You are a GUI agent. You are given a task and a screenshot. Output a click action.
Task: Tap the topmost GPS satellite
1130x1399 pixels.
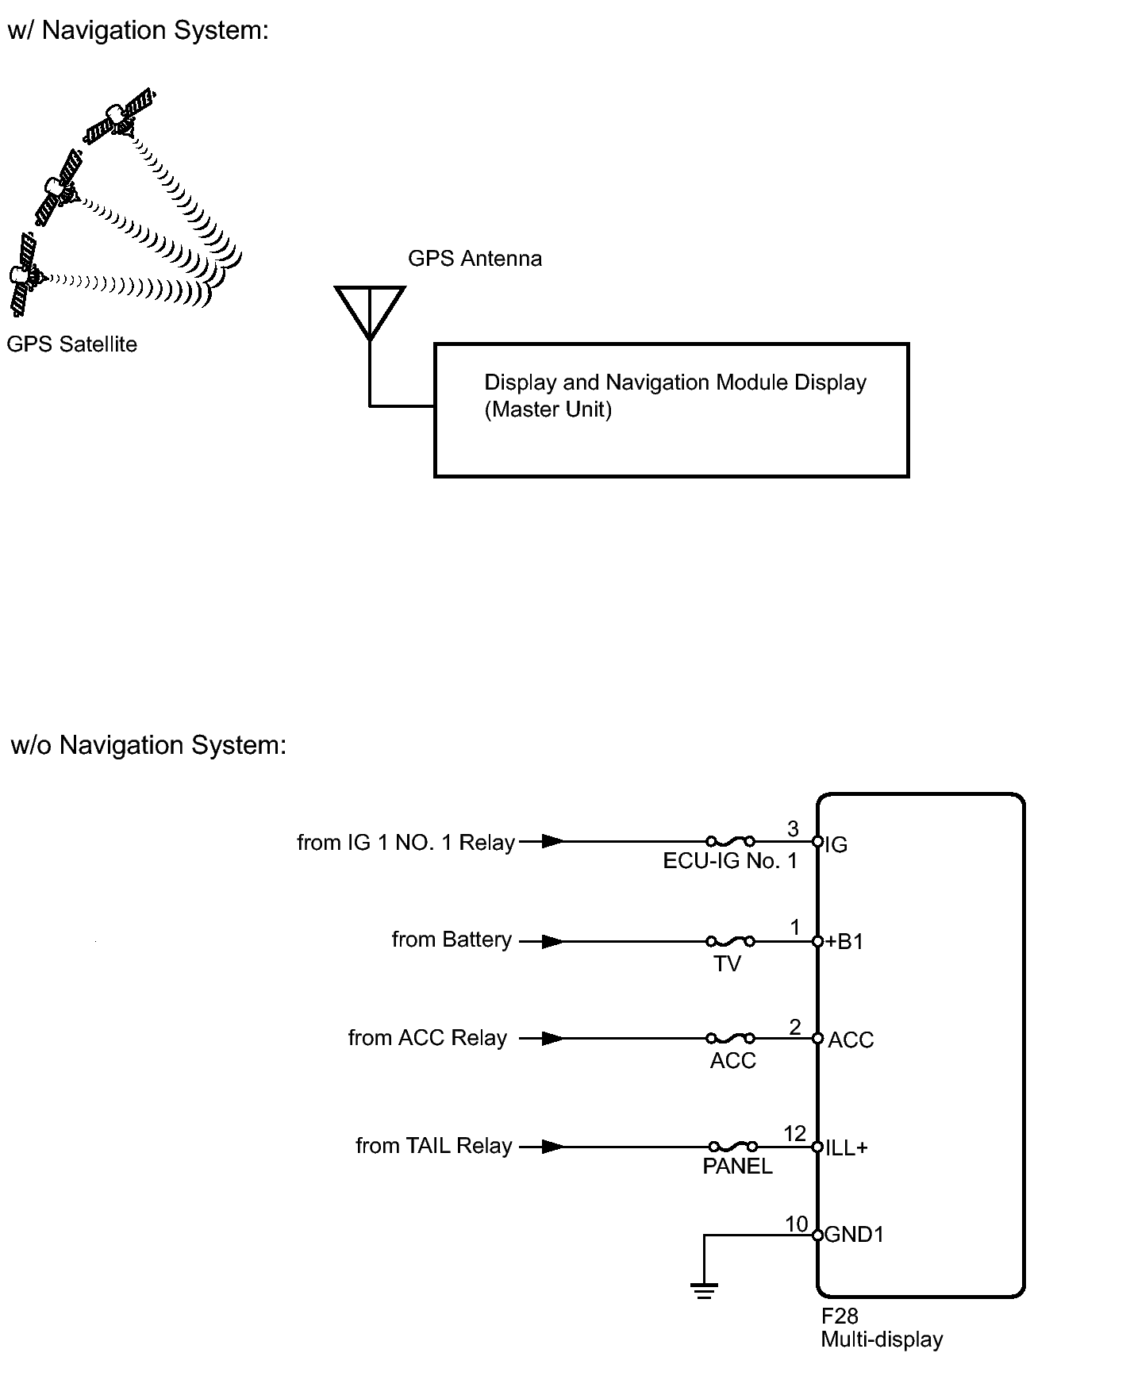pos(119,116)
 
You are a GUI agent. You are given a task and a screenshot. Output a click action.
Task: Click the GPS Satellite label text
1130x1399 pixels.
pos(72,344)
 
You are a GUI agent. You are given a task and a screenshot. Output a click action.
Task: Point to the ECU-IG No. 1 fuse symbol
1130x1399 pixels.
pos(730,841)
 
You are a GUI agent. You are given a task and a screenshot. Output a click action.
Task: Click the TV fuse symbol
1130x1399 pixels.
pos(730,942)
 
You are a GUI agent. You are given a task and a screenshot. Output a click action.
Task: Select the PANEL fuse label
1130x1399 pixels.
pos(737,1166)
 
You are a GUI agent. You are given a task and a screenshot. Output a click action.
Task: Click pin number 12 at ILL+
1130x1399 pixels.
pos(794,1134)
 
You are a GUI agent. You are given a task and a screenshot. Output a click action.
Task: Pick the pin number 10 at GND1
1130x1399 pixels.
pos(797,1224)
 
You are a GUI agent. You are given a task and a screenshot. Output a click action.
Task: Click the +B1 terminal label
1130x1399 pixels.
pos(844,942)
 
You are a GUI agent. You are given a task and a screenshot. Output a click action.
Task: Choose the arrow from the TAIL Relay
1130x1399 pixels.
pos(542,1147)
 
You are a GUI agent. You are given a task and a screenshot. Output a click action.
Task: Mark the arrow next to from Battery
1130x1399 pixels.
pos(542,942)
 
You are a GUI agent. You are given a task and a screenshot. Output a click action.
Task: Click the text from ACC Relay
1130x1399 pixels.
pos(428,1038)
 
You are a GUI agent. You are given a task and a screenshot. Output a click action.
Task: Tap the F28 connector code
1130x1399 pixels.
pos(840,1316)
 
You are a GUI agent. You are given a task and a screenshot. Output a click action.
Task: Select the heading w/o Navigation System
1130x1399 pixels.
pos(148,746)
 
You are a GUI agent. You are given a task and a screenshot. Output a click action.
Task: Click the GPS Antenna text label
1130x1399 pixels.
pos(475,259)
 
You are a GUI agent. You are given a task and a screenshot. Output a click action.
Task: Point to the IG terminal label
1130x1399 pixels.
pos(836,845)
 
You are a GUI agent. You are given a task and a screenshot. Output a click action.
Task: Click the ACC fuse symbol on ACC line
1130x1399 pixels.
pos(730,1038)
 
